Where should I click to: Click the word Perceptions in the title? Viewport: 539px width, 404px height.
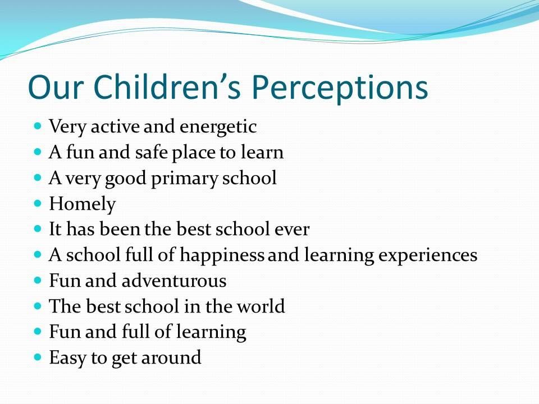click(340, 88)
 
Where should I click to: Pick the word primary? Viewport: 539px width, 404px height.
click(185, 178)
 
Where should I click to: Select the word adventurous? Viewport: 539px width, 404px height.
click(174, 281)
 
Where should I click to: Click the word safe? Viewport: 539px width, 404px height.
click(151, 152)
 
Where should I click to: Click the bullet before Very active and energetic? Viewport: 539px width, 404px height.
click(38, 126)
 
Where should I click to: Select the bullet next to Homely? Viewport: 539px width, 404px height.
click(38, 203)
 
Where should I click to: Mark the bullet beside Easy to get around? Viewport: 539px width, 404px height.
click(38, 357)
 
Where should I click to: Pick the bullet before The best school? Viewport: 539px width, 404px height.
click(38, 306)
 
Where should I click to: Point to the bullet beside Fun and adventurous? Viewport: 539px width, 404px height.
click(38, 280)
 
